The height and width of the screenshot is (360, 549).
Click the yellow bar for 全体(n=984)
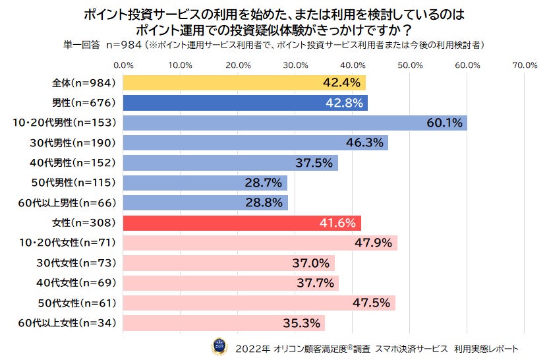[244, 83]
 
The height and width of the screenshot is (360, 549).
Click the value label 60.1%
[444, 123]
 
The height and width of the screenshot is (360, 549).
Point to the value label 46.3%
[364, 143]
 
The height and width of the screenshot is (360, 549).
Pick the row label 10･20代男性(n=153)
[64, 123]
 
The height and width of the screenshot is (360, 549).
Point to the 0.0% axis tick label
[123, 65]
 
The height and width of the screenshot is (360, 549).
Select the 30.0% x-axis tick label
[295, 65]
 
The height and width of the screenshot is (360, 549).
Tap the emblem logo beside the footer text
[219, 346]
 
